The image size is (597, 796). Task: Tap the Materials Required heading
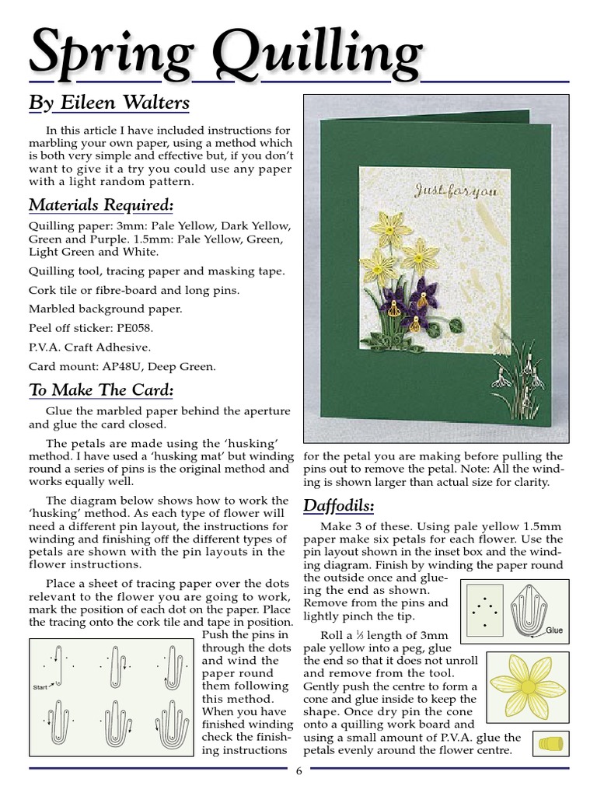pyautogui.click(x=101, y=205)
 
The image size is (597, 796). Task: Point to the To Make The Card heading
pyautogui.click(x=101, y=389)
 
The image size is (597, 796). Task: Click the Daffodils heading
pyautogui.click(x=338, y=507)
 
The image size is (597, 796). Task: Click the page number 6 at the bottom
pyautogui.click(x=298, y=770)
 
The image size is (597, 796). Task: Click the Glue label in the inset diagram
pyautogui.click(x=553, y=630)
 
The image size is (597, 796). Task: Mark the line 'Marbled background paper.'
pyautogui.click(x=106, y=309)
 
